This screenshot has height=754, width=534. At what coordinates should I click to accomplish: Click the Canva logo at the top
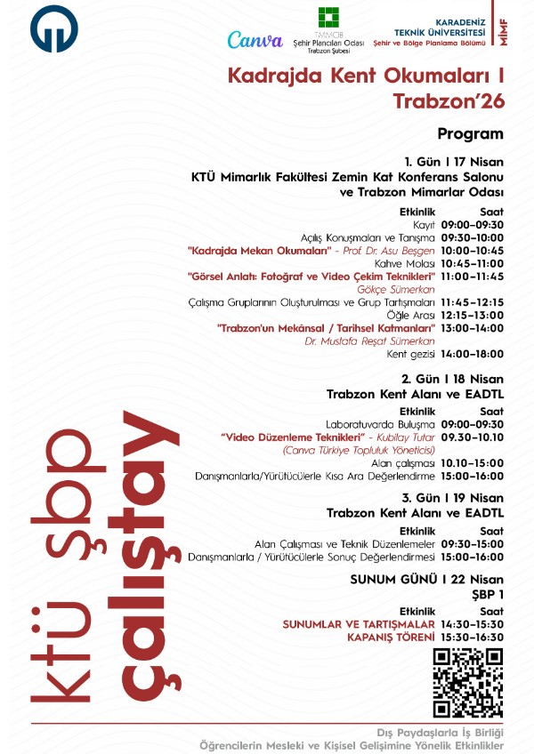(x=255, y=39)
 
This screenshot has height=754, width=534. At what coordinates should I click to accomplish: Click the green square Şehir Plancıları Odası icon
(x=328, y=20)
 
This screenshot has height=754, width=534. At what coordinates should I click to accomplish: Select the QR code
(x=468, y=683)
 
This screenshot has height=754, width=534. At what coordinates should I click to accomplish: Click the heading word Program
(x=470, y=133)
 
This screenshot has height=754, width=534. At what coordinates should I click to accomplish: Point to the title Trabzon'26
(x=449, y=102)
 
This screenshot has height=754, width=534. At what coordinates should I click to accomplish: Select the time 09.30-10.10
(x=472, y=437)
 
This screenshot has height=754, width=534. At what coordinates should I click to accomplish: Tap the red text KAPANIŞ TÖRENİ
(x=391, y=638)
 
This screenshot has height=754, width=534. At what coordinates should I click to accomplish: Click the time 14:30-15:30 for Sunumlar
(x=472, y=625)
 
